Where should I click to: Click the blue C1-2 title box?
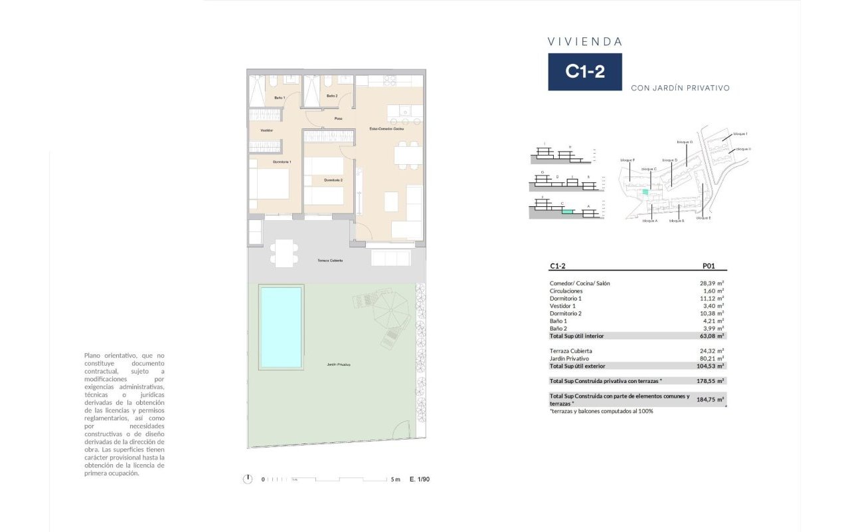(x=584, y=72)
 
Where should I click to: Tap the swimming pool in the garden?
(x=281, y=327)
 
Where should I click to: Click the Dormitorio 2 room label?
(x=333, y=180)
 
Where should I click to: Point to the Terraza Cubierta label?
(x=330, y=260)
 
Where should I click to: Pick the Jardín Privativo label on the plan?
(x=339, y=364)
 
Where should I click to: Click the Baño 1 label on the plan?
(x=280, y=98)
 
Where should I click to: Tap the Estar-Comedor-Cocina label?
(x=387, y=128)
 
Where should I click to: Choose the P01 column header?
(x=709, y=266)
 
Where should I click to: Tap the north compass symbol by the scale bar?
(x=248, y=479)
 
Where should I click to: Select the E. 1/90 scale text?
(x=420, y=479)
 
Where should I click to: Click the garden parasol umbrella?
(x=391, y=309)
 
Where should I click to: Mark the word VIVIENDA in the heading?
(x=585, y=41)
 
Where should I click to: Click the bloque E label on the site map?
(x=704, y=218)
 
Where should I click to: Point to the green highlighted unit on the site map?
(x=644, y=192)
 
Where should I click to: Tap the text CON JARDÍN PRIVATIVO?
(x=680, y=88)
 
